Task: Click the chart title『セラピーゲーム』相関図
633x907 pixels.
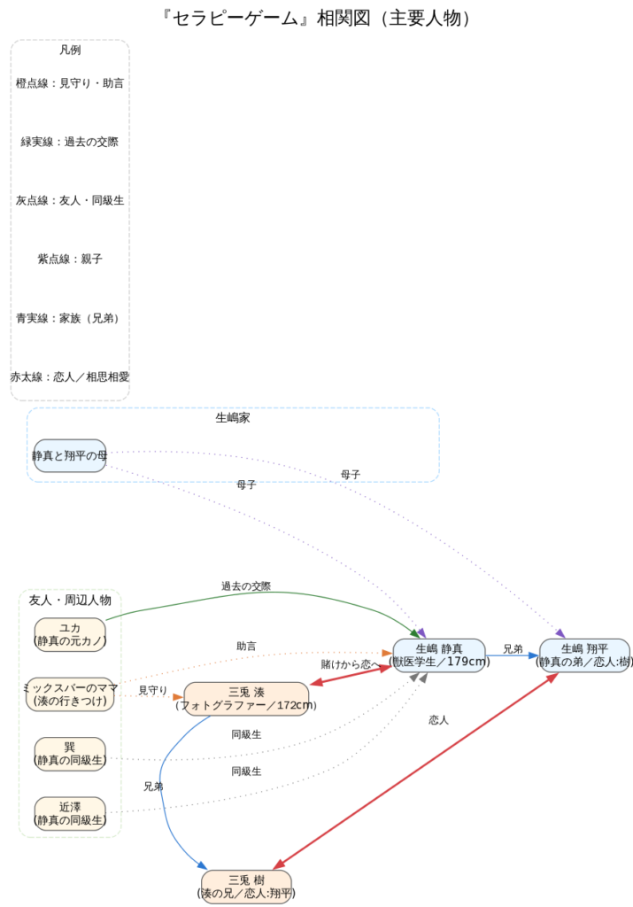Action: [316, 18]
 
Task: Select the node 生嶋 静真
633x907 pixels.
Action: [438, 655]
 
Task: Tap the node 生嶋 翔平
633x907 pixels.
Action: [584, 655]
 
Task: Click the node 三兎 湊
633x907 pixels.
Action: [246, 699]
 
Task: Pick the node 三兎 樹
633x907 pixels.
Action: [246, 887]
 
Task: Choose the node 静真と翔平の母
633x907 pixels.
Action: [70, 455]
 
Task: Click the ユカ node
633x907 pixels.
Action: [70, 634]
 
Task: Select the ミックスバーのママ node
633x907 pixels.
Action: [70, 694]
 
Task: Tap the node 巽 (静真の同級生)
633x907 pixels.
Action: [70, 753]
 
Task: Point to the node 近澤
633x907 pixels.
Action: [70, 813]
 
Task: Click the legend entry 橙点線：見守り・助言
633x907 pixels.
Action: [70, 83]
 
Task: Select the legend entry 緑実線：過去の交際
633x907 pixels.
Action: [70, 142]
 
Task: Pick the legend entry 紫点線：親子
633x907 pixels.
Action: [70, 259]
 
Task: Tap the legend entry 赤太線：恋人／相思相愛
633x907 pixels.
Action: [70, 376]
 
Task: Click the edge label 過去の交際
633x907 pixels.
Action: [246, 586]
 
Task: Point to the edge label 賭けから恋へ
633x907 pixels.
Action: [350, 664]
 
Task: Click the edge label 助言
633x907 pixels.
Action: [246, 647]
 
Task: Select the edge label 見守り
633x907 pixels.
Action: [152, 690]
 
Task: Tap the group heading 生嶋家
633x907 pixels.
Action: [233, 417]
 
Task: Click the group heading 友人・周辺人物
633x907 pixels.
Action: [70, 600]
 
